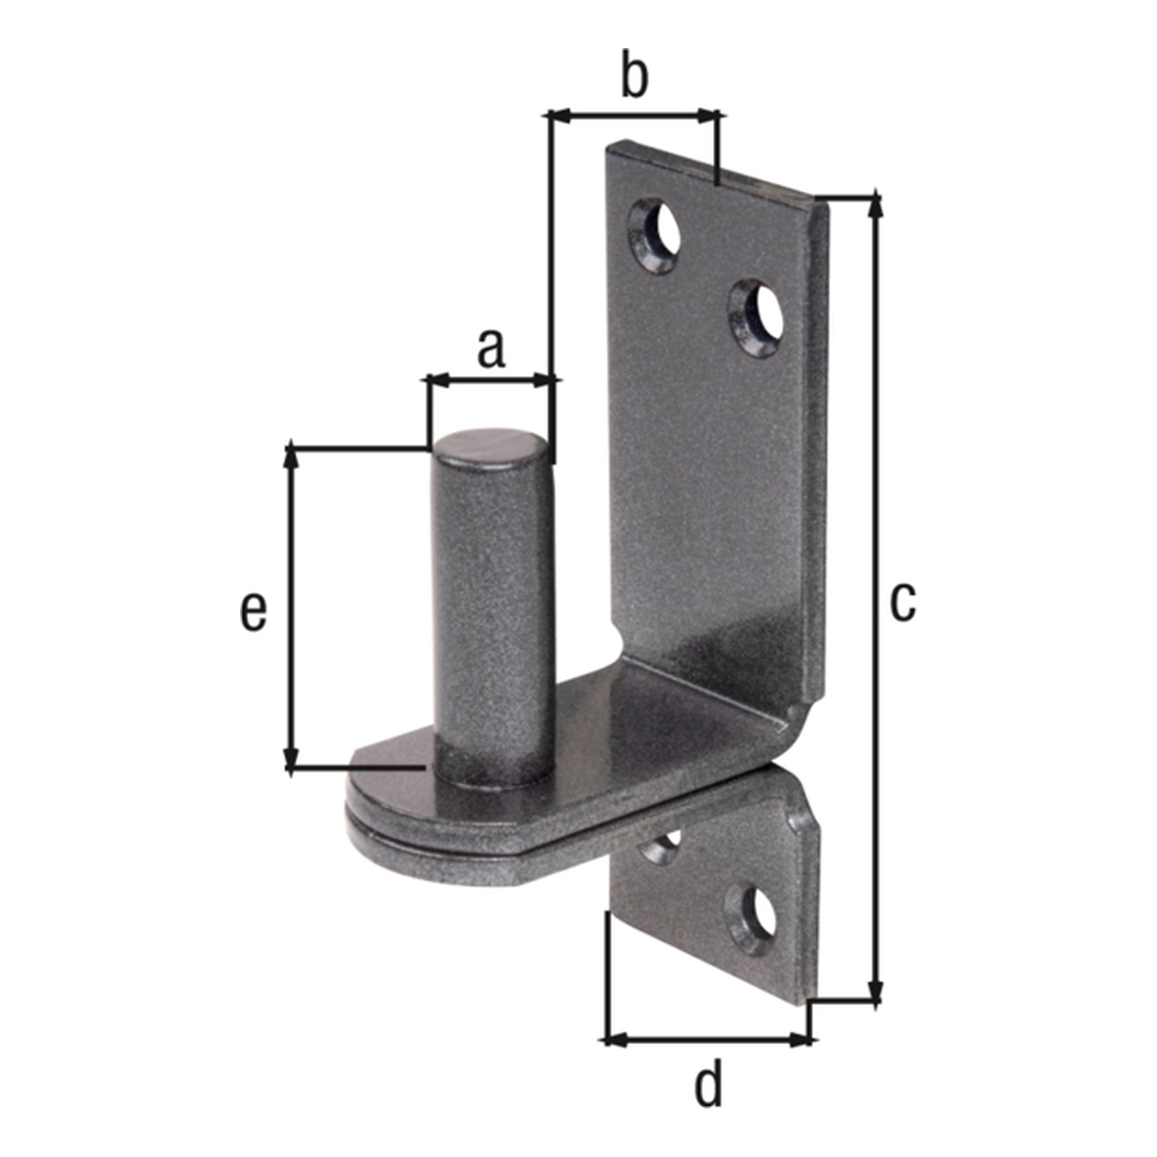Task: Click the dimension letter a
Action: click(491, 350)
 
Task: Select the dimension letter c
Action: click(902, 603)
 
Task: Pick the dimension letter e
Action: click(254, 612)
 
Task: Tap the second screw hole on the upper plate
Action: click(757, 317)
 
